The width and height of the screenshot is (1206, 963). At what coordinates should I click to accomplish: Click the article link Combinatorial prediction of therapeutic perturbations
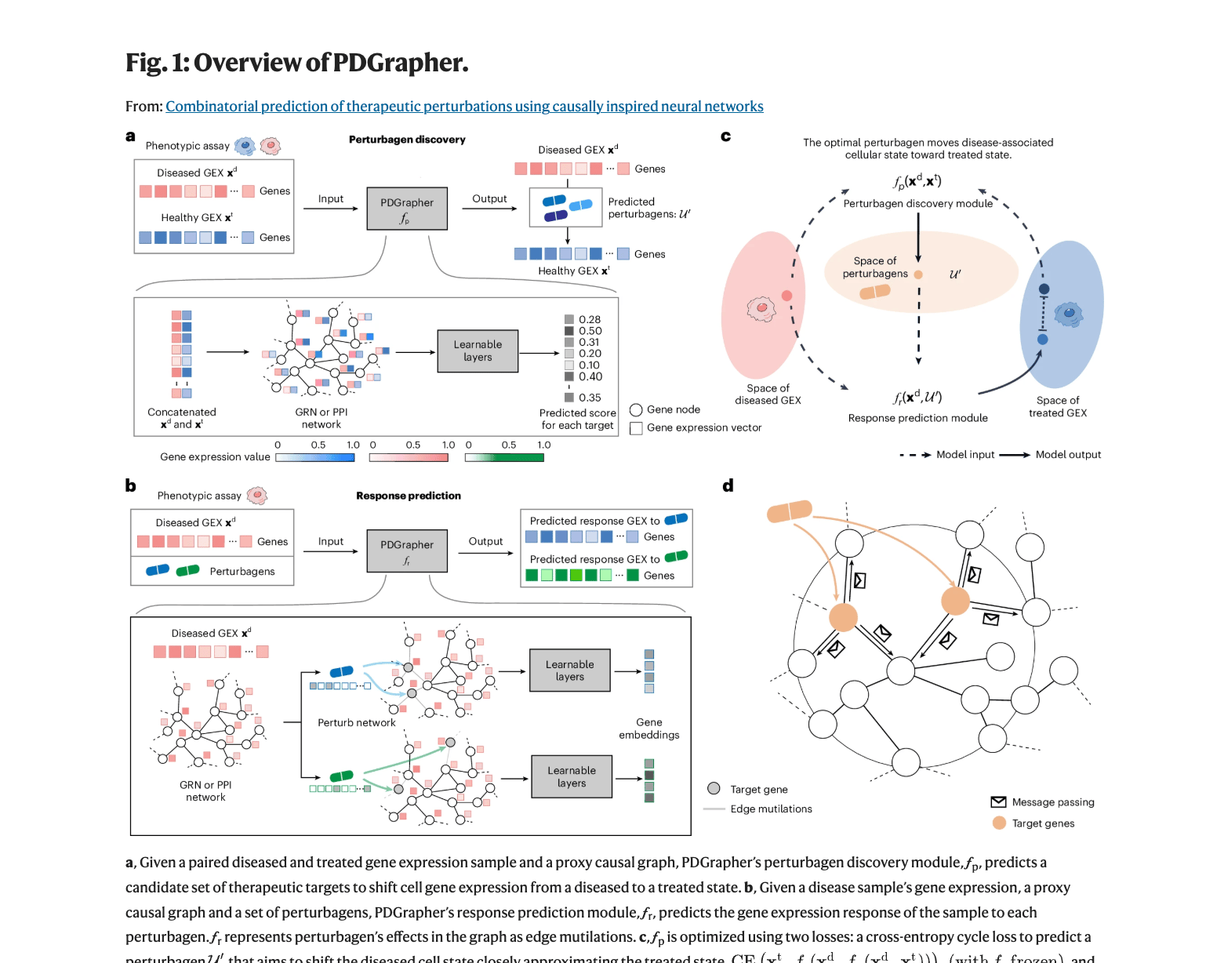click(x=464, y=107)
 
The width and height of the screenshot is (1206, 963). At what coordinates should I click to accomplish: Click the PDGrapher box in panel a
click(x=407, y=209)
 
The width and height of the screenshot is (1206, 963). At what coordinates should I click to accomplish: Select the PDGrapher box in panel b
click(x=407, y=551)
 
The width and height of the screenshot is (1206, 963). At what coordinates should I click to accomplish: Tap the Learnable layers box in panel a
click(x=478, y=351)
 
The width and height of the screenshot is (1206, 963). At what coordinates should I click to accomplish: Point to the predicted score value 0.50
click(x=590, y=331)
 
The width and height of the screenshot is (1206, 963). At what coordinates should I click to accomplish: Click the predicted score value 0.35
click(x=590, y=398)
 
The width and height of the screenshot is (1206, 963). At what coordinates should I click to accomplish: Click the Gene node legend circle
click(x=636, y=410)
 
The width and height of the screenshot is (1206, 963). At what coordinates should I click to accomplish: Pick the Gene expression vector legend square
click(x=636, y=428)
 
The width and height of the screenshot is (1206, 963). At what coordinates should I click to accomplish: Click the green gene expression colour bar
click(x=504, y=458)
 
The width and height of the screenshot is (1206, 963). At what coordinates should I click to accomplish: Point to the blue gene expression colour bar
click(x=314, y=458)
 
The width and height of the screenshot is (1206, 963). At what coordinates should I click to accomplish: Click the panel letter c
click(x=726, y=136)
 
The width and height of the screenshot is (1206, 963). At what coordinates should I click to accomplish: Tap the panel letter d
click(x=728, y=486)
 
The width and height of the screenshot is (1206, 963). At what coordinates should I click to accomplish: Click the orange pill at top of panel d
click(x=790, y=511)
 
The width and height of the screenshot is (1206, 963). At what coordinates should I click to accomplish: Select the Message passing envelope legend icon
click(x=998, y=802)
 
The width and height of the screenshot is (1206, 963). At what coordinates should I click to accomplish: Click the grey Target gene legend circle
click(x=714, y=789)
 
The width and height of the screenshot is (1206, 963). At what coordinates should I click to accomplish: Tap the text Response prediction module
click(x=917, y=418)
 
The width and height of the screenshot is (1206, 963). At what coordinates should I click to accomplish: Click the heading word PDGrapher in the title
click(x=400, y=63)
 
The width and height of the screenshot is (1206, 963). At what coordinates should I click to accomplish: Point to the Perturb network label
click(x=356, y=723)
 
